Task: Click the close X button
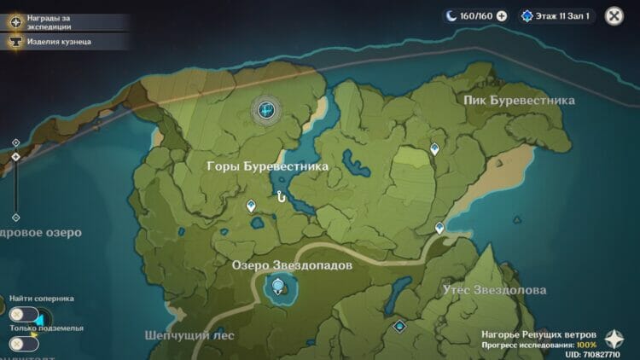[614, 15]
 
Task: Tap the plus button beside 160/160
[502, 15]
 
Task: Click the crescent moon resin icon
[451, 15]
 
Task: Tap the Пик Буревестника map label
[519, 101]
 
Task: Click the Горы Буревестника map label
[267, 167]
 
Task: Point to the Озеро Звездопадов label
[292, 266]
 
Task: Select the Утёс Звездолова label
[494, 291]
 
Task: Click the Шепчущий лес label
[189, 335]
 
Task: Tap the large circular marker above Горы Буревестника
[267, 109]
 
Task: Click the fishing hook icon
[280, 197]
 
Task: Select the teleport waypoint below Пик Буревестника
[434, 149]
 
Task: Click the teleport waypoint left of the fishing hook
[251, 206]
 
